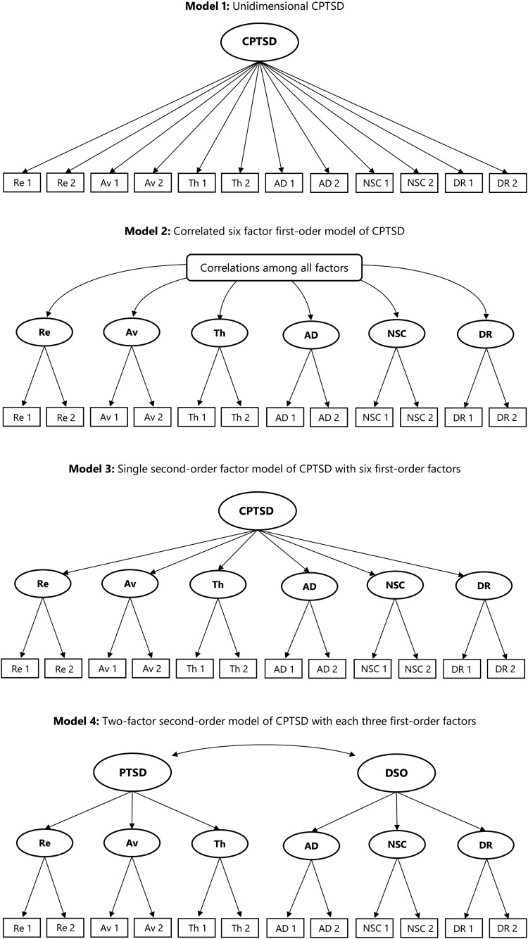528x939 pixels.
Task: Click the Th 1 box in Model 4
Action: pyautogui.click(x=197, y=923)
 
